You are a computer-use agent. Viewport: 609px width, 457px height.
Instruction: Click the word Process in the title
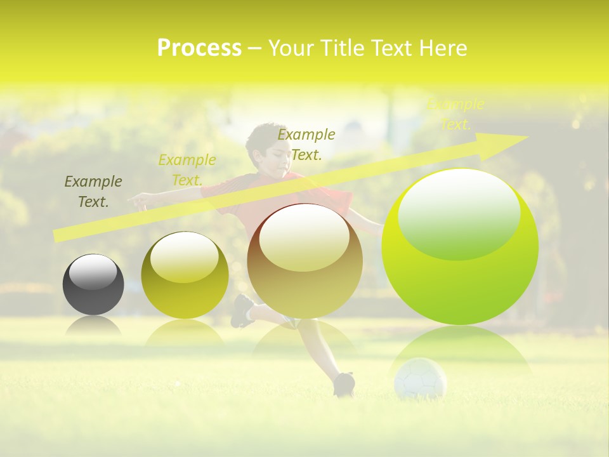point(199,48)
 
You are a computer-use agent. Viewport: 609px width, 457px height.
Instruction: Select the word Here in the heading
point(443,48)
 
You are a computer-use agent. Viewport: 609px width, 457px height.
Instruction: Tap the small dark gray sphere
point(93,284)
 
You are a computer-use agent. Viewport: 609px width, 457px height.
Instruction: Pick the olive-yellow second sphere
point(185,275)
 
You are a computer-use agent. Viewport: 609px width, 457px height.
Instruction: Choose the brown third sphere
point(304,262)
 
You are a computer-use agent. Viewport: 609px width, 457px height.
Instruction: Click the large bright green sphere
point(460,248)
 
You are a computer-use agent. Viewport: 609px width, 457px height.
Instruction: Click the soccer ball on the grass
point(420,379)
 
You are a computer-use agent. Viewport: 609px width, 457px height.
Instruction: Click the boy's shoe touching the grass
point(344,383)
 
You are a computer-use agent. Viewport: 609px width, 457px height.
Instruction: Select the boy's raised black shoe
point(242,310)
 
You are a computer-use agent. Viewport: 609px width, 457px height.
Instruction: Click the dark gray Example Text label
point(93,192)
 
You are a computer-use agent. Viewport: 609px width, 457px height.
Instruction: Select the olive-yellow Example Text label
point(187,170)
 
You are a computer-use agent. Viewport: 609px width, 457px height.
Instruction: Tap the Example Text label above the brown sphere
point(306,144)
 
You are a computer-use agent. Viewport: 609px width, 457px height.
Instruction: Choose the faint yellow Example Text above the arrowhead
point(455,114)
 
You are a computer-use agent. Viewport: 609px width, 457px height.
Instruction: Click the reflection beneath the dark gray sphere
point(93,326)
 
